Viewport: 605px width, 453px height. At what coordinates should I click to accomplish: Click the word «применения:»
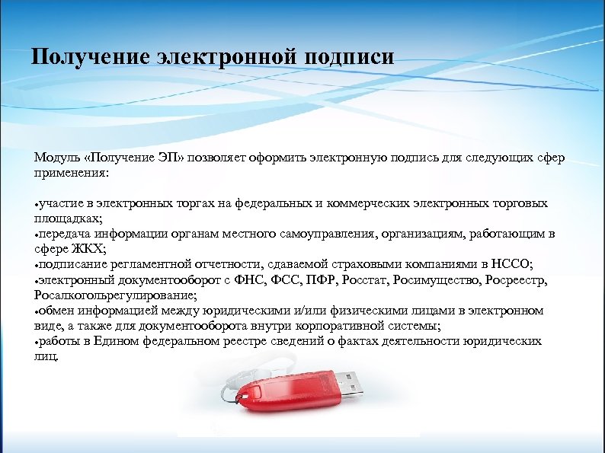71,173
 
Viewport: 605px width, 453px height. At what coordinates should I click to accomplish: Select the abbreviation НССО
515,264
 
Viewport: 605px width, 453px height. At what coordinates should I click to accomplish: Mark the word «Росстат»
350,280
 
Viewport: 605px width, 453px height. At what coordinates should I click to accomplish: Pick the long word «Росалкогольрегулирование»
114,295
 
